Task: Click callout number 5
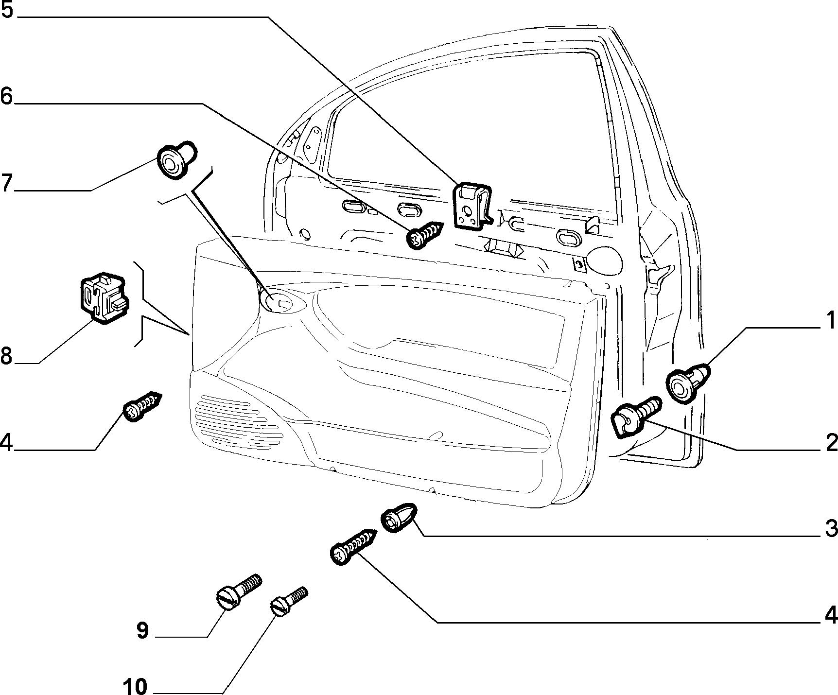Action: (8, 10)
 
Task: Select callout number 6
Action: (7, 96)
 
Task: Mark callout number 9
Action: (142, 631)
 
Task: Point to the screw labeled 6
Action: (425, 235)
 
